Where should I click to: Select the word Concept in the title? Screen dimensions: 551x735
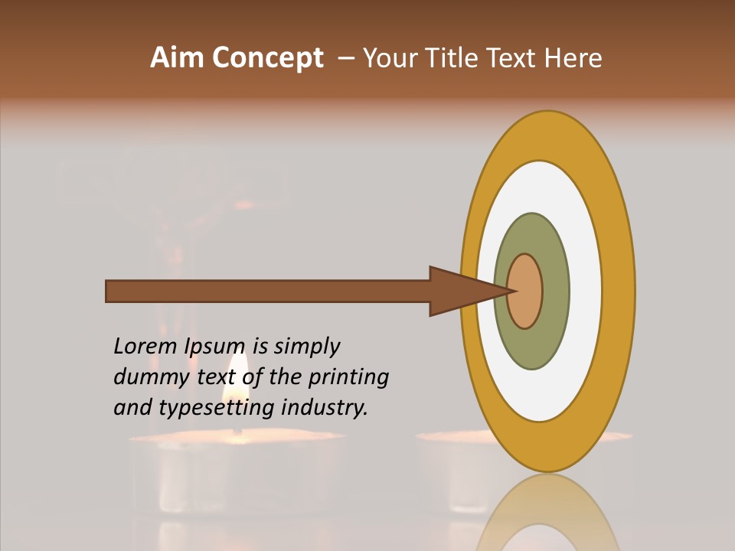(268, 58)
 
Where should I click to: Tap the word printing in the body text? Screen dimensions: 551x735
(348, 377)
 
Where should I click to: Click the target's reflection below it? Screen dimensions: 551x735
(548, 513)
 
